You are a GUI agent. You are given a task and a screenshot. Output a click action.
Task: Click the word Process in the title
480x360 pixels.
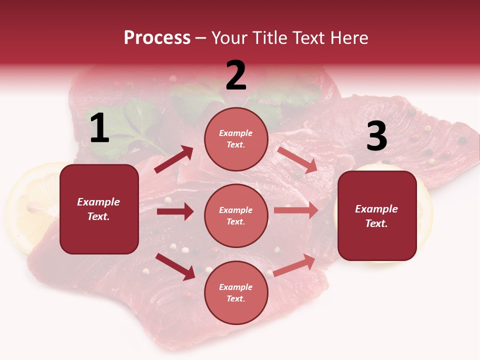pos(157,38)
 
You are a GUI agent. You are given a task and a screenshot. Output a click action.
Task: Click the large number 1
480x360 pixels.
pos(99,128)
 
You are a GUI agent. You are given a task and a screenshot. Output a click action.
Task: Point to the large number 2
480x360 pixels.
pos(236,75)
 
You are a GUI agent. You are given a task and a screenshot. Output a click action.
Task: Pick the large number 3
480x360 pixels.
pos(376,136)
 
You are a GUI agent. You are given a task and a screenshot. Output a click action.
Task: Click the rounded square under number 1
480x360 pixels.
pos(99,209)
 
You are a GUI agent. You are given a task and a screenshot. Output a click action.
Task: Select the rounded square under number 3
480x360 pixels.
pos(377,215)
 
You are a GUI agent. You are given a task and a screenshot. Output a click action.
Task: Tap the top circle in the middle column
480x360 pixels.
pos(236,139)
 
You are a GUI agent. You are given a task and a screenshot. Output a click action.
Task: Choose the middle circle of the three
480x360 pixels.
pos(236,215)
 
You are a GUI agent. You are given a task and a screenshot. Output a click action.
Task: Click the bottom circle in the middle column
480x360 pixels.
pos(236,292)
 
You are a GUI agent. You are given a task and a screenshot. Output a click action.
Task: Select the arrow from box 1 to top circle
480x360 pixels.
pos(174,159)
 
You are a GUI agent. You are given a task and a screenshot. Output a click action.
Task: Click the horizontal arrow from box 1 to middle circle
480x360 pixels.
pos(175,211)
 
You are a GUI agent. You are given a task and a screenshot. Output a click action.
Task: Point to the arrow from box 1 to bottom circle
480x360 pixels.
pos(175,266)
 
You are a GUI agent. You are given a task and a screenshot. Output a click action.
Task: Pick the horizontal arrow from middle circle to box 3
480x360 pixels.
pos(296,210)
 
